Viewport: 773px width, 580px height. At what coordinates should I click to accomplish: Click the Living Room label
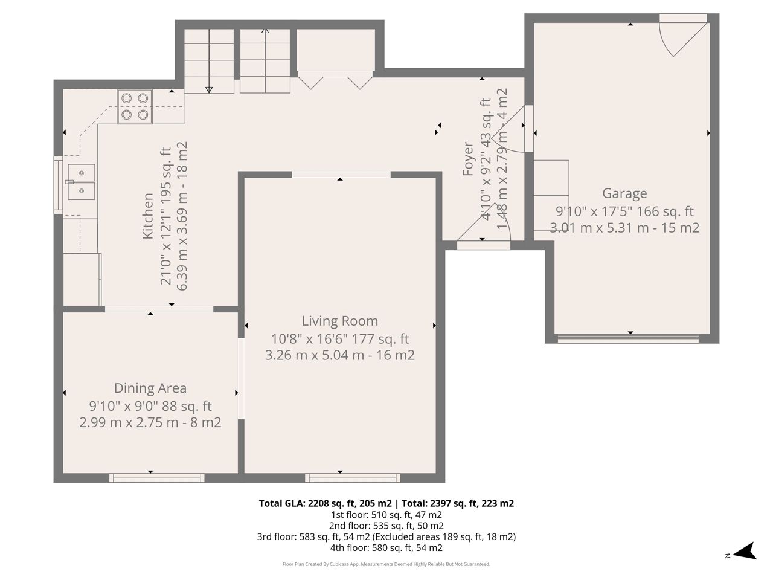pyautogui.click(x=340, y=321)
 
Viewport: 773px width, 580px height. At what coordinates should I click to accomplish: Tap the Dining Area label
pyautogui.click(x=150, y=388)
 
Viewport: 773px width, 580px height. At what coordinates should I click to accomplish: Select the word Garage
pyautogui.click(x=624, y=193)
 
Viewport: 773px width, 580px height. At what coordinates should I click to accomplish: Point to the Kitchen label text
pyautogui.click(x=148, y=216)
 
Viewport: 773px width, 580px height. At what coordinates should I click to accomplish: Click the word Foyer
pyautogui.click(x=467, y=158)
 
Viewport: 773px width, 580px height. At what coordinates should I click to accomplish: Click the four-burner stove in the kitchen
pyautogui.click(x=135, y=106)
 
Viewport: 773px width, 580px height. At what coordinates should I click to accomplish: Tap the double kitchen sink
pyautogui.click(x=82, y=182)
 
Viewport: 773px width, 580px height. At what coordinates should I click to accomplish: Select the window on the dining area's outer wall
pyautogui.click(x=156, y=477)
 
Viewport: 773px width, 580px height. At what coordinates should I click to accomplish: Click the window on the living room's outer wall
pyautogui.click(x=353, y=477)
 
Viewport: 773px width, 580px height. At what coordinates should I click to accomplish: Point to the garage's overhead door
pyautogui.click(x=628, y=338)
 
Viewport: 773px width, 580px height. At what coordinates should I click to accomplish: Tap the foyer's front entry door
pyautogui.click(x=484, y=245)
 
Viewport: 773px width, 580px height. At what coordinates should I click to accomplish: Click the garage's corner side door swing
pyautogui.click(x=683, y=35)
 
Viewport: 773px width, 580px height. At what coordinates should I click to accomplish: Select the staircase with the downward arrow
pyautogui.click(x=209, y=61)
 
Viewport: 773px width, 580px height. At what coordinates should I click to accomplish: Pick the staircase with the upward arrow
pyautogui.click(x=265, y=61)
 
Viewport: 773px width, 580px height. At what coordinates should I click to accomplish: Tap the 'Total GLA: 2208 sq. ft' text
pyautogui.click(x=325, y=504)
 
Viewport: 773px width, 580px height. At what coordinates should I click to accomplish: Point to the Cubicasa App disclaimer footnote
pyautogui.click(x=386, y=564)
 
